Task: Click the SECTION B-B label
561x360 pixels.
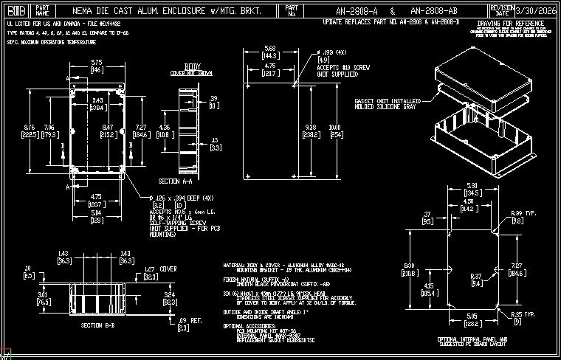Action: point(100,325)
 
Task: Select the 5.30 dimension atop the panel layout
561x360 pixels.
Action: point(472,185)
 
